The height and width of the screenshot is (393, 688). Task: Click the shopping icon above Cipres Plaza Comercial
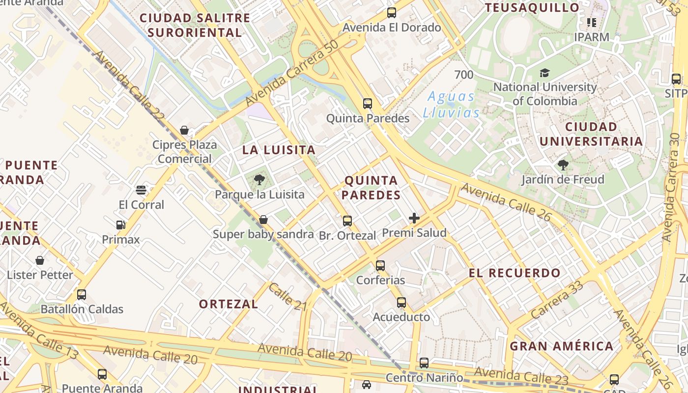[x=184, y=130]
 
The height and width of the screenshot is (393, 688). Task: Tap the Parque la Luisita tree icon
[x=259, y=180]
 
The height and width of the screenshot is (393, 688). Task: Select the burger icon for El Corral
[x=141, y=190]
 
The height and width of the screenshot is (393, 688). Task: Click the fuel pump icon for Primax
[x=121, y=225]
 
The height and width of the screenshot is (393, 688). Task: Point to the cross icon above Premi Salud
[x=414, y=218]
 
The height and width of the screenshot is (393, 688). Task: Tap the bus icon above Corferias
[x=380, y=266]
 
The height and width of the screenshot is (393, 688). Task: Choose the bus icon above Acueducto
[x=401, y=303]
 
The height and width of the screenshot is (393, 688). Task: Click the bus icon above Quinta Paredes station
[x=368, y=104]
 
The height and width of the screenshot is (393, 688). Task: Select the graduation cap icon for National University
[x=545, y=73]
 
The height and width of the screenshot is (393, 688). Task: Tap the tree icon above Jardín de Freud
[x=563, y=165]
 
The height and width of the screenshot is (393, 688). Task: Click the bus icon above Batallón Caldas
[x=82, y=295]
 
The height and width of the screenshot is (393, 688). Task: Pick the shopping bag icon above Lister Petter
[x=40, y=260]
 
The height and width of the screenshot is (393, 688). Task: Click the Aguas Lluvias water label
[x=451, y=105]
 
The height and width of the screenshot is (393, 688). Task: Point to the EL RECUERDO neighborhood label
[x=515, y=273]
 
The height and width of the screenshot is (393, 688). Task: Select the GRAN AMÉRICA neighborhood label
[x=561, y=346]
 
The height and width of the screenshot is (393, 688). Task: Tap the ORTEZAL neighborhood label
[x=228, y=304]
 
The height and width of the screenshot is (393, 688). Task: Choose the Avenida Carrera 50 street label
[x=292, y=73]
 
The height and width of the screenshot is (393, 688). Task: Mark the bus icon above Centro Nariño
[x=424, y=363]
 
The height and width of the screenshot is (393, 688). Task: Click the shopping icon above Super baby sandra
[x=263, y=220]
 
